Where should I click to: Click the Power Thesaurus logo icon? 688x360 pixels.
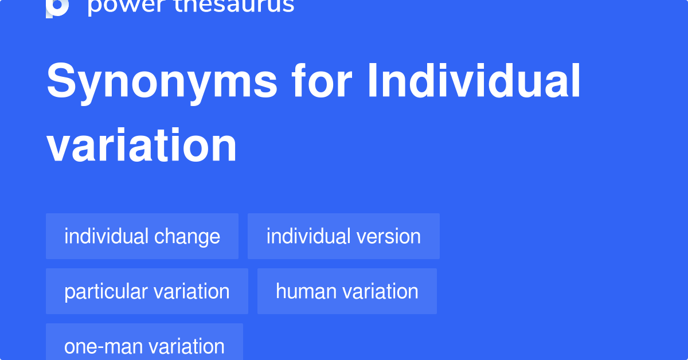point(57,7)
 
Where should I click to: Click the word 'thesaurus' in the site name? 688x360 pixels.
point(232,6)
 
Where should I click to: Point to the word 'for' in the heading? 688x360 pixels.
point(320,81)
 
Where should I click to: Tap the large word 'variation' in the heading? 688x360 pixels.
point(142,146)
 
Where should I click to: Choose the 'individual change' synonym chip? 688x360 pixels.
point(142,236)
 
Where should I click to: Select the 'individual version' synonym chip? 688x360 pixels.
point(343,236)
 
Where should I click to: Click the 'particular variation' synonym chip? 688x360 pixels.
point(147,291)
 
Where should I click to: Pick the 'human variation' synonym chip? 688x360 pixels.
point(347,291)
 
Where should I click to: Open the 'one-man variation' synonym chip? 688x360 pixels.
point(144,346)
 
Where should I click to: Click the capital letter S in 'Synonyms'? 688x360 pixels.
point(61,81)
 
